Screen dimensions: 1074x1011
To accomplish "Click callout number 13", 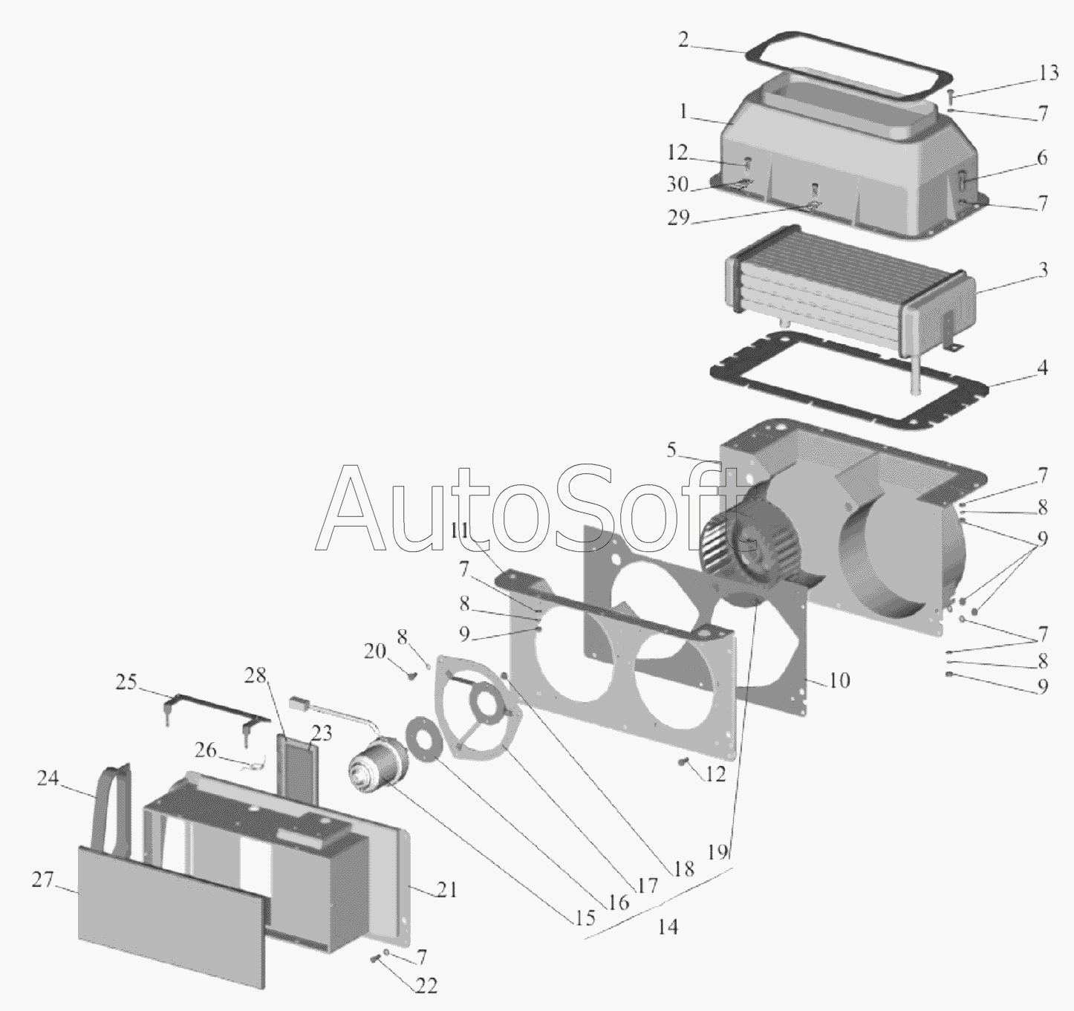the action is coord(1048,74).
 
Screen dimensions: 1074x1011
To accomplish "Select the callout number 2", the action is coord(683,40).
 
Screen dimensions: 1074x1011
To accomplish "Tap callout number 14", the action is coord(668,927).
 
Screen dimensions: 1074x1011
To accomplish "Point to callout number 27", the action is coord(42,880).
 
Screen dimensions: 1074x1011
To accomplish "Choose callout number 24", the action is coord(47,778).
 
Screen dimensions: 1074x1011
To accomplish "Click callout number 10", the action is coord(839,680).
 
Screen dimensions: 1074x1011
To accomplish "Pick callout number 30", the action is coord(677,184).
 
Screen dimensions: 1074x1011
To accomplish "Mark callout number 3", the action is coord(1043,270).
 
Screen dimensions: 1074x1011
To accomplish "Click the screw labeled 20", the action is coord(411,674).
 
